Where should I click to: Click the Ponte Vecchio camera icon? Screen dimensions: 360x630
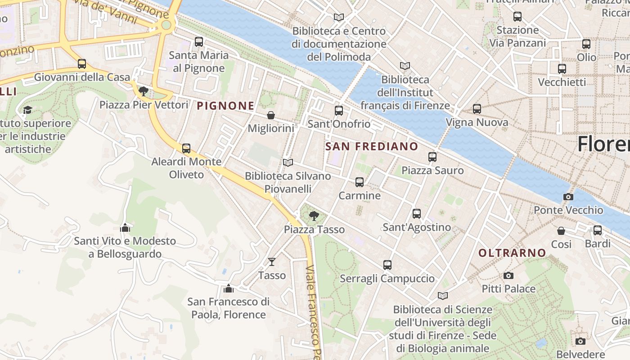click(x=568, y=197)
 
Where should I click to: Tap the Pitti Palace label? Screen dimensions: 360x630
click(x=508, y=288)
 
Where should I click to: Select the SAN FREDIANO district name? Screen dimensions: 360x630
click(x=371, y=146)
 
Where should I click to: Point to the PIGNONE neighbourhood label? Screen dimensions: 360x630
click(x=226, y=106)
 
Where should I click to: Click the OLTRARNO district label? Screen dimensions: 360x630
click(x=512, y=253)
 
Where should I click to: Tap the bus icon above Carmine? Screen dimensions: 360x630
click(x=359, y=182)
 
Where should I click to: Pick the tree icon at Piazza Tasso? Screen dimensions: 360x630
click(x=314, y=216)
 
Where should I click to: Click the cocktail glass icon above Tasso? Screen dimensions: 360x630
click(x=272, y=262)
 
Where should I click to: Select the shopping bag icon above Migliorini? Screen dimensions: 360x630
click(x=271, y=116)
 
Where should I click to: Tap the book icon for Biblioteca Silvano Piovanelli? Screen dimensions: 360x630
click(x=288, y=162)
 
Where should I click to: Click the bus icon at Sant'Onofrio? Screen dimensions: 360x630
click(x=339, y=111)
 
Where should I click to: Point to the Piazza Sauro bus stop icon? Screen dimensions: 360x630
click(x=432, y=157)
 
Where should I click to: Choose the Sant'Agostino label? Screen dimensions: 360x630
click(x=417, y=227)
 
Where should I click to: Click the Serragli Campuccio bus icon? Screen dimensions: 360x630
click(x=387, y=265)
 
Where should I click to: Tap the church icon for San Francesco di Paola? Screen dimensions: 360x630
click(x=229, y=288)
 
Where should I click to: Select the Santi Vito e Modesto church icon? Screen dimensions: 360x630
click(x=125, y=228)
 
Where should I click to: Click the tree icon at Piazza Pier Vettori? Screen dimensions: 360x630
click(x=144, y=92)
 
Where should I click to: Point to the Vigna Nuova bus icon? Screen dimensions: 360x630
click(x=477, y=109)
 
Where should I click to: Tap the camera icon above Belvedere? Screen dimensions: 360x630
click(x=580, y=341)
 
